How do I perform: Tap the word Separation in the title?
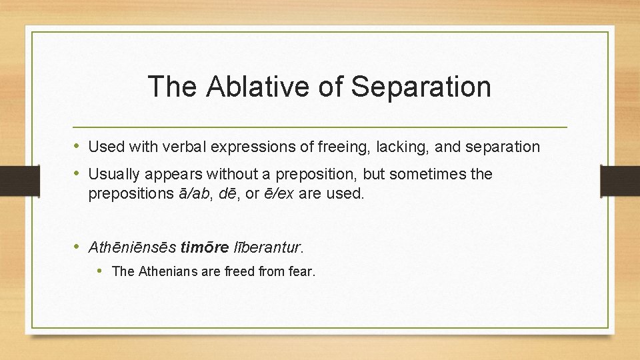pyautogui.click(x=421, y=87)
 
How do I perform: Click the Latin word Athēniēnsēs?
pyautogui.click(x=133, y=248)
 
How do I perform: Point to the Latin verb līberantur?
pyautogui.click(x=267, y=248)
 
